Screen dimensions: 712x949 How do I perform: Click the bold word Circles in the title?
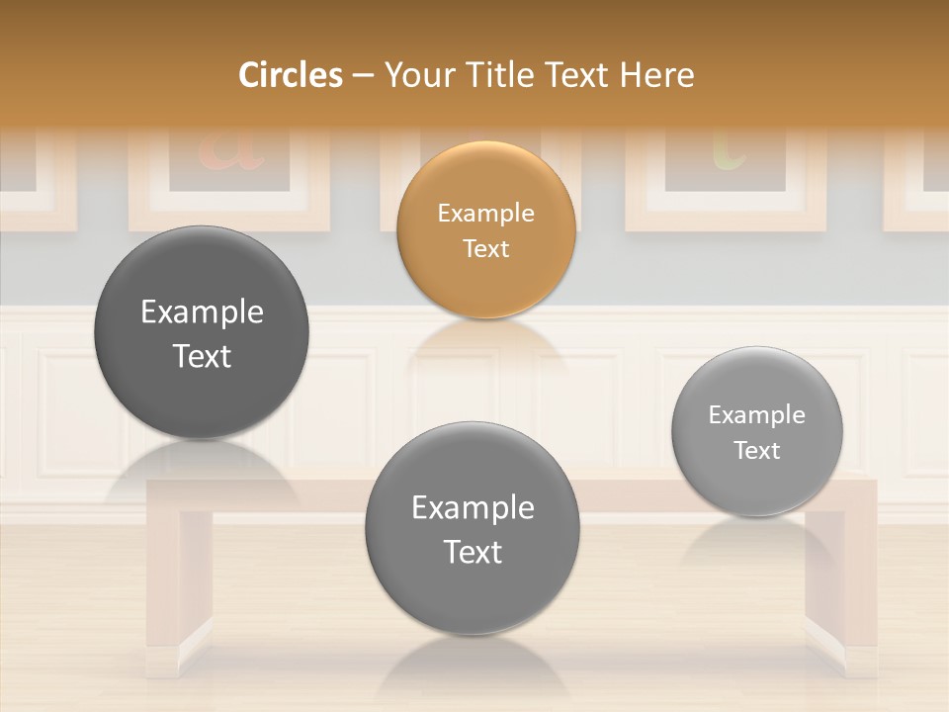[x=291, y=75]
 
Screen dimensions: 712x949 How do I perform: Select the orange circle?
[x=485, y=229]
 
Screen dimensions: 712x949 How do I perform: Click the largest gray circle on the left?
[x=202, y=332]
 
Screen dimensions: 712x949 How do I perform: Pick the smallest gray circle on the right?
[x=757, y=431]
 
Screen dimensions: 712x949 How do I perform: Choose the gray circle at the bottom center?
[x=473, y=528]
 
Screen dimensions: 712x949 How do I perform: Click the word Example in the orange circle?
[x=485, y=213]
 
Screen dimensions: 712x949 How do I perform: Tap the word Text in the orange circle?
[x=485, y=248]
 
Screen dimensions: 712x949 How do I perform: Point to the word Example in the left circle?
[x=202, y=311]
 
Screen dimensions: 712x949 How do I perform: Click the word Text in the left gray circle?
[x=202, y=356]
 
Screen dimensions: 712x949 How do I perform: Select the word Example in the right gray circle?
[x=757, y=414]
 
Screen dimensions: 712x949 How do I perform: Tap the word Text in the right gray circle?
[x=757, y=451]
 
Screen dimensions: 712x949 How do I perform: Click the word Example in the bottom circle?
[x=473, y=507]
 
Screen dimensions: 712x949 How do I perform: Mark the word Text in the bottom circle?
[x=473, y=552]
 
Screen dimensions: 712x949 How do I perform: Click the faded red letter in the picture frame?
[x=230, y=150]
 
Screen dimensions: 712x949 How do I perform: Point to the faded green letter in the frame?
[x=729, y=150]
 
